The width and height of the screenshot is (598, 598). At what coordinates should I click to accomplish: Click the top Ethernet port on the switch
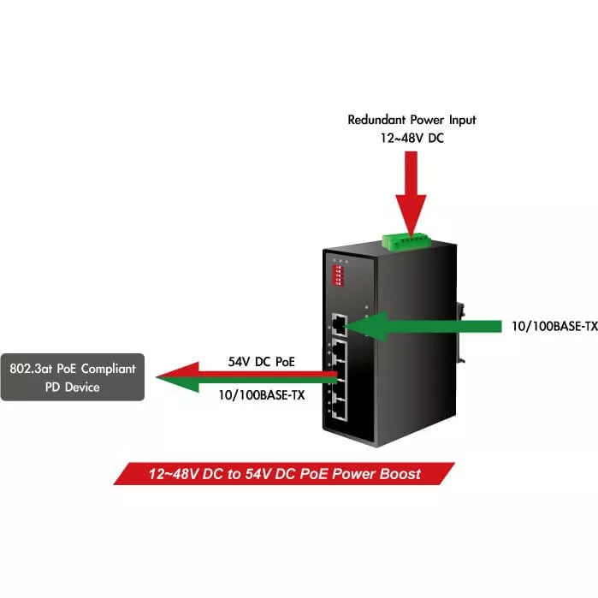pyautogui.click(x=340, y=325)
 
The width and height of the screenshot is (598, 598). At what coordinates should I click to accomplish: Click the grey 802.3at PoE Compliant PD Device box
pyautogui.click(x=72, y=377)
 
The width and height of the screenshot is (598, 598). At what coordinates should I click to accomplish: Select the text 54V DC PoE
pyautogui.click(x=261, y=361)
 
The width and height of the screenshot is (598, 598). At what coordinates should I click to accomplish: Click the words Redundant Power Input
pyautogui.click(x=411, y=120)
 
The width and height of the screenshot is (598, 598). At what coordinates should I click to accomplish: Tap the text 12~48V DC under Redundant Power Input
pyautogui.click(x=411, y=137)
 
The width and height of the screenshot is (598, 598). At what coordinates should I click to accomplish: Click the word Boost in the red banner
pyautogui.click(x=400, y=473)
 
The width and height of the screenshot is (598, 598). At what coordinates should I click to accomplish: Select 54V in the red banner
pyautogui.click(x=263, y=473)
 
